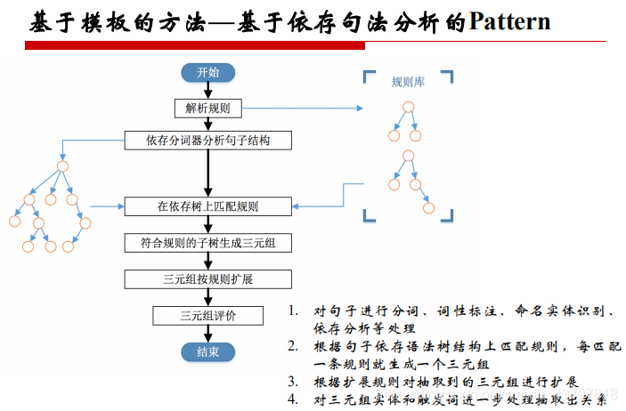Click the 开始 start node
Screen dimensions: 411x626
[x=207, y=73]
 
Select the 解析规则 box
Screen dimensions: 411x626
[x=207, y=108]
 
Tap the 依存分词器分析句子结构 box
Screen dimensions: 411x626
[x=207, y=141]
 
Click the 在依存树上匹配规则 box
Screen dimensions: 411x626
[x=207, y=206]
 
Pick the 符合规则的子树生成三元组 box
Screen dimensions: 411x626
[x=207, y=242]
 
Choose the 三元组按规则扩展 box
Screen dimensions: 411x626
[x=207, y=279]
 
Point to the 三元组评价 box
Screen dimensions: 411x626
[x=207, y=315]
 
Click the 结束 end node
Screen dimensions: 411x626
[x=207, y=352]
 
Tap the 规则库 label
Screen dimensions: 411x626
[x=408, y=82]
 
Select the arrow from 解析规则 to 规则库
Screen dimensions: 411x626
[x=303, y=108]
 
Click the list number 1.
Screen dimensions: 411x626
[x=293, y=311]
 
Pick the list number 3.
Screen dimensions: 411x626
[x=293, y=381]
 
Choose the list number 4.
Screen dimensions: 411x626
[x=293, y=399]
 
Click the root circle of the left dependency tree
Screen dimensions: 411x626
[x=62, y=166]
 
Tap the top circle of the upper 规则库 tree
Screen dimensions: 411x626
[x=408, y=109]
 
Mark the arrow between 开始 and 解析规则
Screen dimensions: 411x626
[x=207, y=90]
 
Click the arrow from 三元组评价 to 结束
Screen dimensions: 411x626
[x=207, y=334]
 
